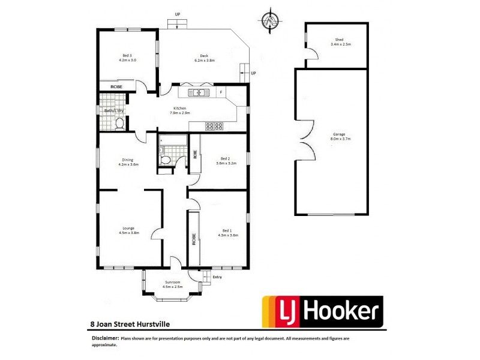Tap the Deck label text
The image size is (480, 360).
[204, 58]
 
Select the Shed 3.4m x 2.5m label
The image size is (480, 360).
[340, 42]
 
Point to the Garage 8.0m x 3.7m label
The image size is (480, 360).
[340, 136]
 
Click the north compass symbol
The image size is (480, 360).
[272, 20]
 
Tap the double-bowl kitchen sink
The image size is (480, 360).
[197, 92]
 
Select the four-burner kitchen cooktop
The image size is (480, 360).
[215, 126]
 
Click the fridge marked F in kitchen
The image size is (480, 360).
[221, 92]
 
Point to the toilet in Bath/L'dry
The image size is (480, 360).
[119, 124]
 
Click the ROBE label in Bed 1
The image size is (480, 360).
[194, 240]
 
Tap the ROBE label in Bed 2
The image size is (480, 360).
[195, 154]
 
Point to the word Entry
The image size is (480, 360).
[217, 277]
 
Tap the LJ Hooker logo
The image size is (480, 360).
[322, 311]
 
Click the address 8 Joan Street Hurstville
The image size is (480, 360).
[126, 324]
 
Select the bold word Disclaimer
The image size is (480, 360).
[105, 338]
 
